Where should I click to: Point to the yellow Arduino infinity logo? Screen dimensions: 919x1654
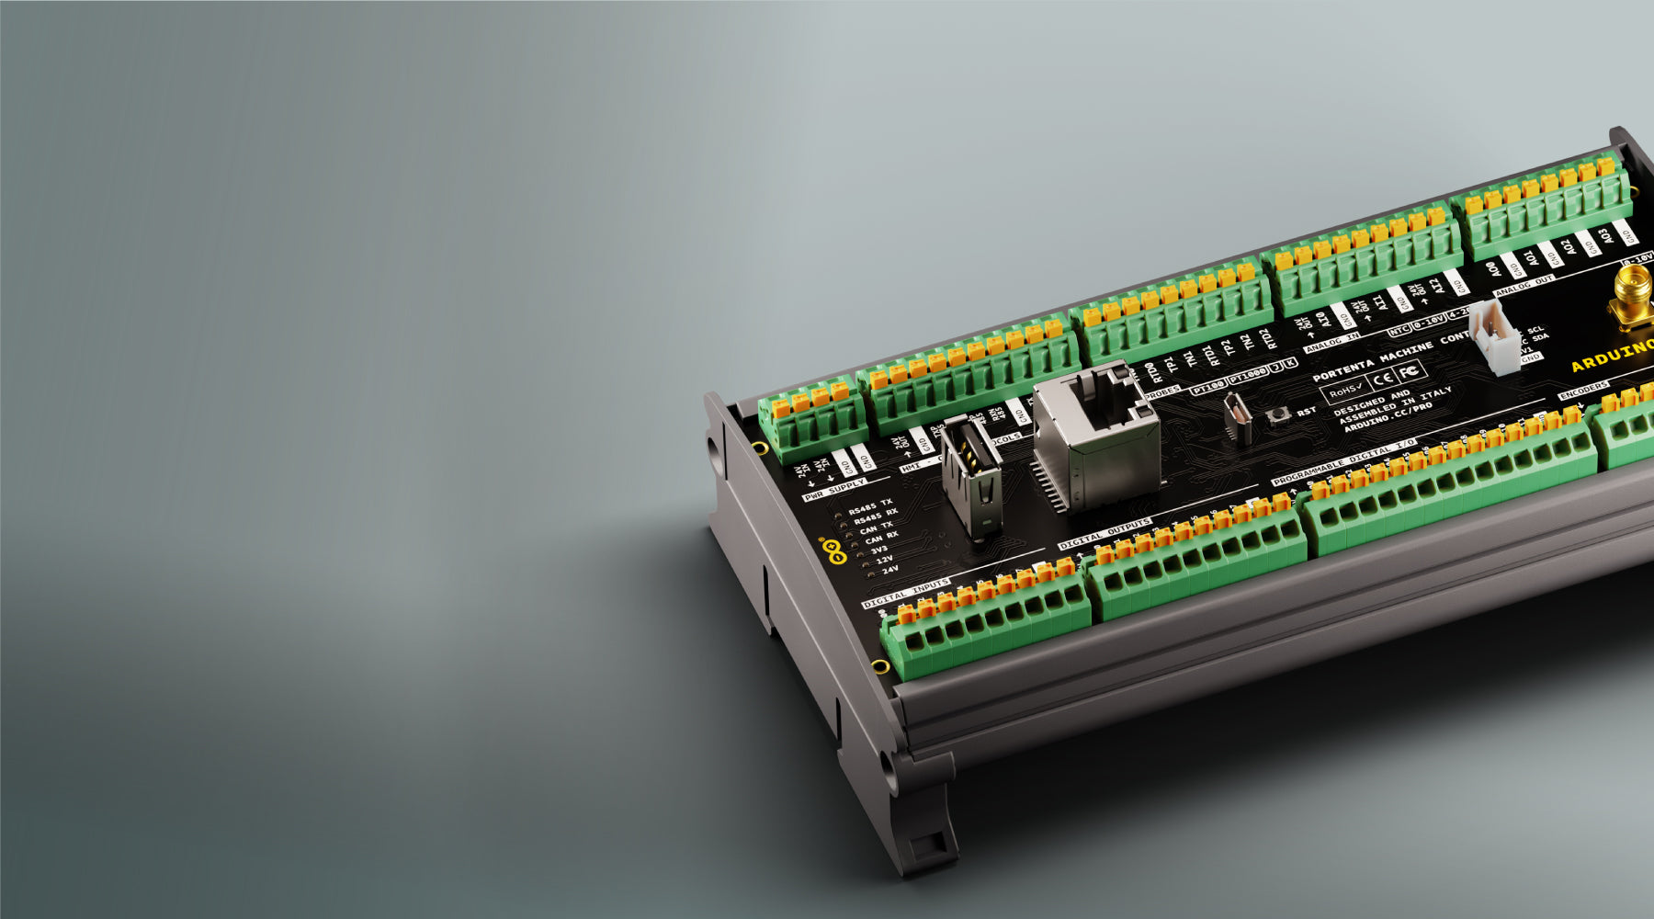pos(834,550)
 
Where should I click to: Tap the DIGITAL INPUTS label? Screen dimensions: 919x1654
pos(906,595)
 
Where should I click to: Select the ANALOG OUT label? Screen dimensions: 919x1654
pos(1524,286)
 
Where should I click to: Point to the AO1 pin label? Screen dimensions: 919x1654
pos(1527,259)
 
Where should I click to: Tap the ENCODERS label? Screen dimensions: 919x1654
pos(1583,390)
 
